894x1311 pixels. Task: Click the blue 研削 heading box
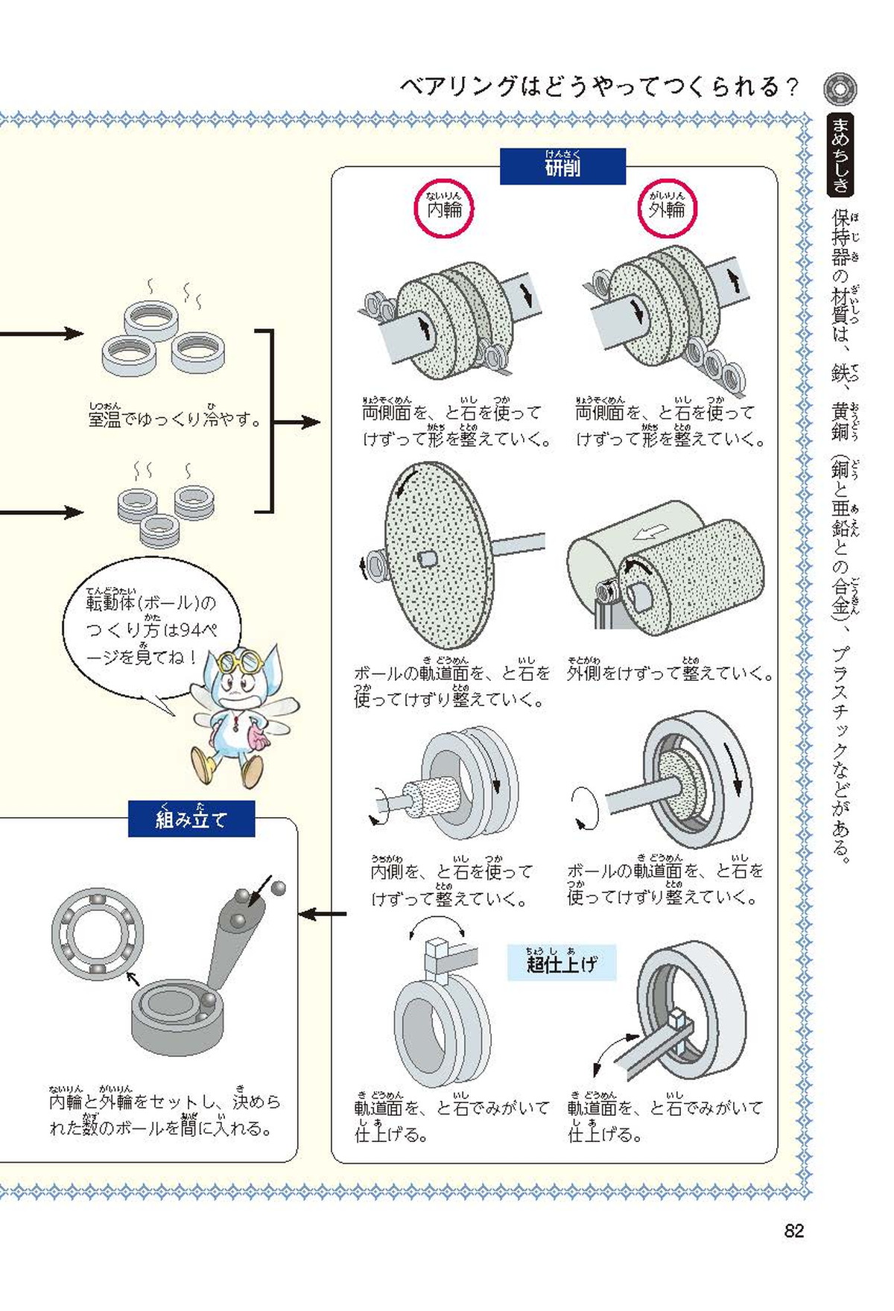562,166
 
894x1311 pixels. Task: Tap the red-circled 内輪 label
444,209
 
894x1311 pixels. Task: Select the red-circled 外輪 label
666,209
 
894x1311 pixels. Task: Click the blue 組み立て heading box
191,819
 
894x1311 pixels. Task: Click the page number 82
793,1231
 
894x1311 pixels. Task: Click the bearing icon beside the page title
840,89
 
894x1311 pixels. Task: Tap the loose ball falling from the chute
278,887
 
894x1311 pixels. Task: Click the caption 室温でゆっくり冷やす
175,419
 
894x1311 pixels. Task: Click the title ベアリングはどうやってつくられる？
600,87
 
